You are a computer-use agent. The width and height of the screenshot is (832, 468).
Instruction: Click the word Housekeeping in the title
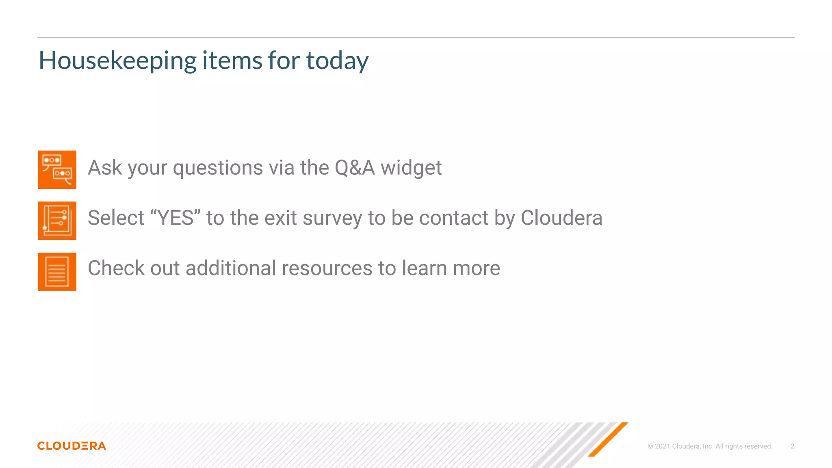tap(117, 61)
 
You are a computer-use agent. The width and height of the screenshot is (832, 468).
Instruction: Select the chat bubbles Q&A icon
tap(57, 170)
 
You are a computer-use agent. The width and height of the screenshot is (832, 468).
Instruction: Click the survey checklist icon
tap(57, 221)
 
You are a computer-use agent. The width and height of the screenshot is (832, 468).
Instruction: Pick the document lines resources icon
tap(57, 272)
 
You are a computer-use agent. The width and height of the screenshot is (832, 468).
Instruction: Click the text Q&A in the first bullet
tap(354, 168)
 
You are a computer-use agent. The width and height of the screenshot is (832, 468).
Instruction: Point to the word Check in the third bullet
tap(116, 269)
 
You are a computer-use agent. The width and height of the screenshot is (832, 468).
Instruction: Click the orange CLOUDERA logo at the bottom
tap(71, 446)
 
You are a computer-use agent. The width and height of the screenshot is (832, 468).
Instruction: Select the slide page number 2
tap(792, 446)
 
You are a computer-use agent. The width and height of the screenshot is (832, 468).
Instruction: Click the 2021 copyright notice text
tap(710, 446)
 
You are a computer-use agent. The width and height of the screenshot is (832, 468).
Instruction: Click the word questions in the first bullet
tap(218, 168)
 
